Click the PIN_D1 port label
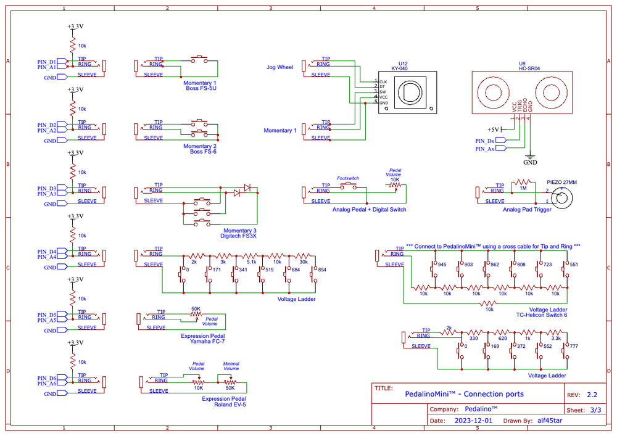point(47,62)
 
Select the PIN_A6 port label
point(47,384)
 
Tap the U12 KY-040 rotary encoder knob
point(408,92)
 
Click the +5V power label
point(493,130)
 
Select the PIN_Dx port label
point(484,141)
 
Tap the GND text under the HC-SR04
point(530,163)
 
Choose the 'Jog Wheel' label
point(280,67)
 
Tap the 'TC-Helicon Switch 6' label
point(541,315)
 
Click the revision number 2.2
point(592,394)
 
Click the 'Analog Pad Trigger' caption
point(527,210)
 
